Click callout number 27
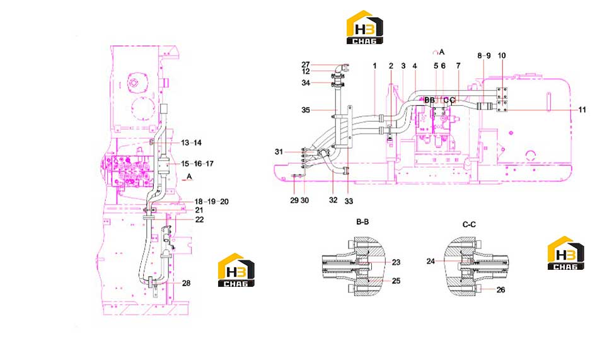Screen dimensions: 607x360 point(306,65)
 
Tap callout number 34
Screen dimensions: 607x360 point(306,83)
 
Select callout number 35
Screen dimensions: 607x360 point(306,110)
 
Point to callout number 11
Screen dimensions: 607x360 point(582,110)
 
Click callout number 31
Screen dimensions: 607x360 point(279,152)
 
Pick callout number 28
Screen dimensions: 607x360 point(186,283)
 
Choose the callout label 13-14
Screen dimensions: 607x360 point(191,143)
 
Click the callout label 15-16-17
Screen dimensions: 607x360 point(197,164)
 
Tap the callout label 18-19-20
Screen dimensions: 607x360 point(211,202)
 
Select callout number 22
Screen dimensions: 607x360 point(199,219)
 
